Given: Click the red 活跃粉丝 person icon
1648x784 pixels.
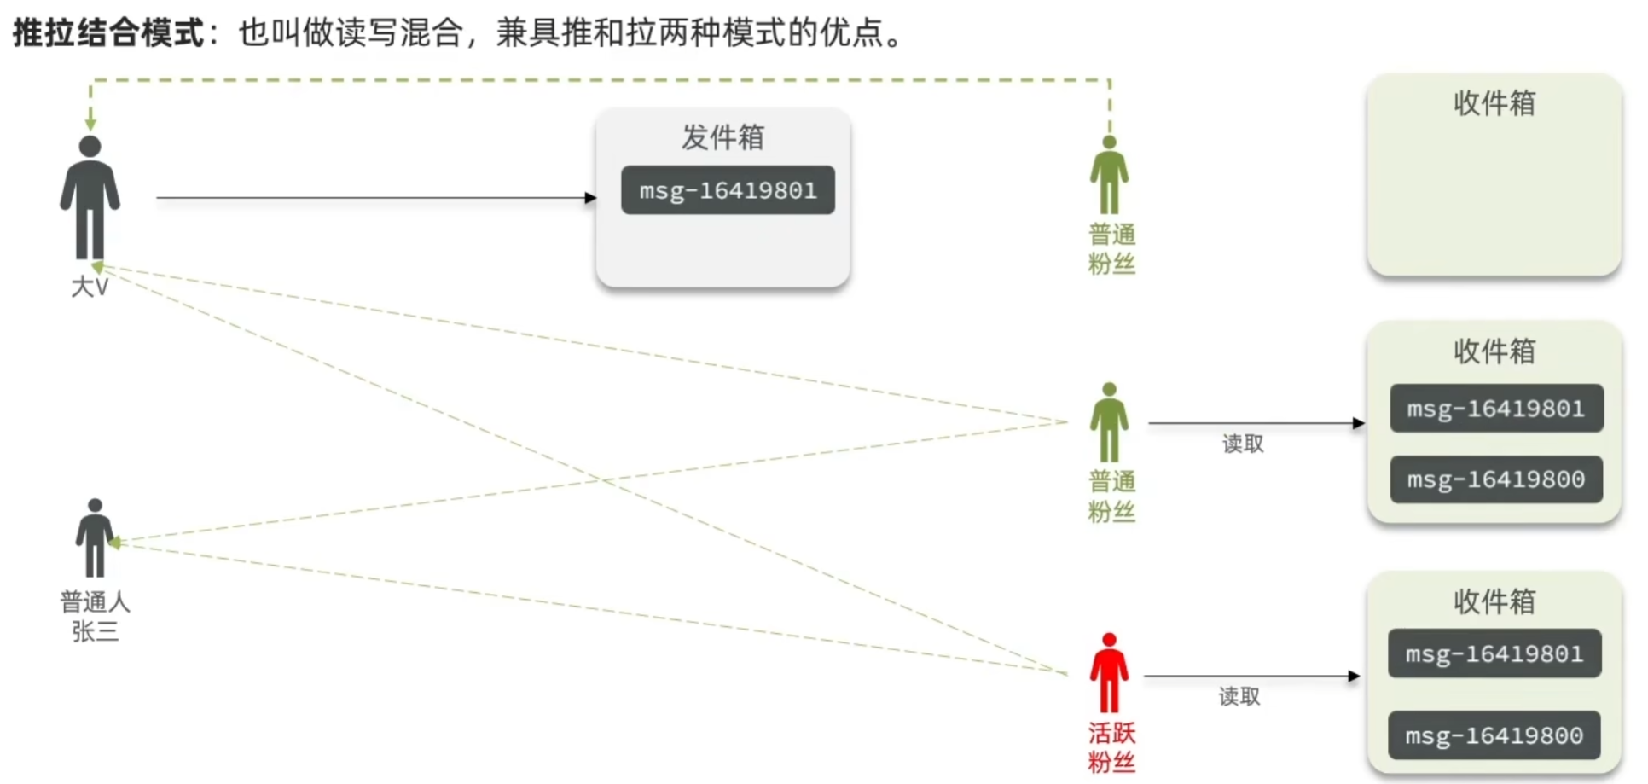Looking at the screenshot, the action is [1109, 673].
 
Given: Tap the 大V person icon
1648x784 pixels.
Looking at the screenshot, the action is [90, 197].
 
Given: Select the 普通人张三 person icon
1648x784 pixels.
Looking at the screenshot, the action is [95, 538].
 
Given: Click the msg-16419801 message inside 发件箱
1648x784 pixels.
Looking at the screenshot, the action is [728, 190].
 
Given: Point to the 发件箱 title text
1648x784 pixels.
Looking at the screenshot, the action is [722, 137].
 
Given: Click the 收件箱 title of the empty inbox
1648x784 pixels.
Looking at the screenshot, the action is [1494, 103].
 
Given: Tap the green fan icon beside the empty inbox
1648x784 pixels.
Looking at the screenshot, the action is [1109, 175].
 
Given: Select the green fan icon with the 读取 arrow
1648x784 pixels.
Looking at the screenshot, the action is [1109, 422].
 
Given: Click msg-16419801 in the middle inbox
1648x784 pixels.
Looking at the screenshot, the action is [1496, 409].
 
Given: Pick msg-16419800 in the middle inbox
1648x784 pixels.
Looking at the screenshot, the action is [1496, 479].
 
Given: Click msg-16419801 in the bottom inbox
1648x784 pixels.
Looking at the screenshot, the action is [1494, 654].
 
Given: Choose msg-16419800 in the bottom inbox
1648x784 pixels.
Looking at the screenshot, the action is [1494, 735].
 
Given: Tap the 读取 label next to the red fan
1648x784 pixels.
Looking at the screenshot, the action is [1239, 697].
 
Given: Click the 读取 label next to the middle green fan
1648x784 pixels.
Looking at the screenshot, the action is [1243, 444].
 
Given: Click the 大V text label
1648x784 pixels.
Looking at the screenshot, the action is [90, 287].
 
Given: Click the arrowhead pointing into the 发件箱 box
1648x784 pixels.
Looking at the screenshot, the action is [590, 198].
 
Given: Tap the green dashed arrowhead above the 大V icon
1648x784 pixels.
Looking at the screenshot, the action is [90, 125].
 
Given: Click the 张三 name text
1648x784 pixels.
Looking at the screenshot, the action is [95, 632].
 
